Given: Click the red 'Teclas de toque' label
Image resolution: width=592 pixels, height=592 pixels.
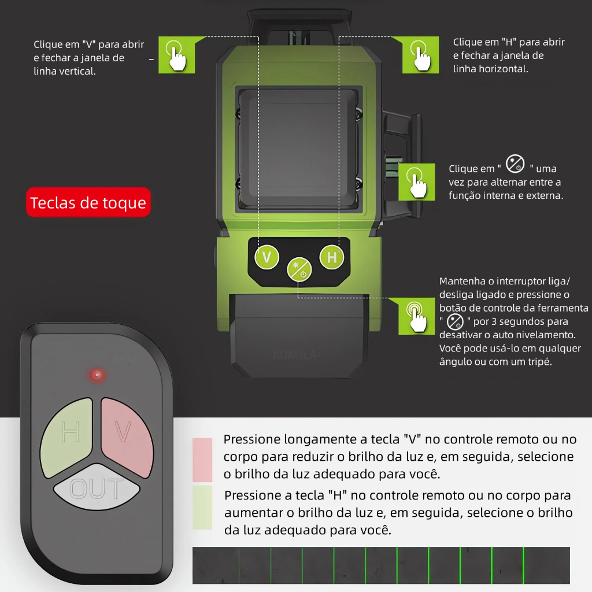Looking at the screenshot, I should click(x=88, y=203).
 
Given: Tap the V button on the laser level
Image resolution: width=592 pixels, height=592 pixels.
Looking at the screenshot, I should click(x=267, y=257).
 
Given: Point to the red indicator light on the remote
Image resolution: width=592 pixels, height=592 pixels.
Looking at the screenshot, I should click(x=97, y=375).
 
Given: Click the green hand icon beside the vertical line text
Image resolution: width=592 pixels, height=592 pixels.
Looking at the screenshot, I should click(x=177, y=55).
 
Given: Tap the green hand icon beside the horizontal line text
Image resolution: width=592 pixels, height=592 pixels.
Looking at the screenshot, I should click(x=420, y=55).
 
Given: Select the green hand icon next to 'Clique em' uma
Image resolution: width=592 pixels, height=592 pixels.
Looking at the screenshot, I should click(x=418, y=182).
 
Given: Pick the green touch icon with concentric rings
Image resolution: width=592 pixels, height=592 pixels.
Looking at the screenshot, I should click(x=416, y=316).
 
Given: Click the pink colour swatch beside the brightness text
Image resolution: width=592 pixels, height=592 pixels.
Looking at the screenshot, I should click(x=202, y=460).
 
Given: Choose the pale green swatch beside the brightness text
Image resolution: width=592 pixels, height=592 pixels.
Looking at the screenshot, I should click(x=202, y=507).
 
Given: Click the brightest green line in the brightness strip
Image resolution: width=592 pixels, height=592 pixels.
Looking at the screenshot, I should click(x=523, y=565).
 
